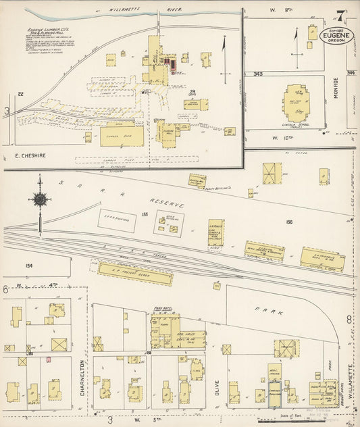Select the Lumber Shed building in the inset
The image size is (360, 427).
tap(122, 136)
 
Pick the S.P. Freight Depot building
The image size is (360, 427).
tap(135, 273)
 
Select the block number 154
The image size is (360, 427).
tap(29, 266)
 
